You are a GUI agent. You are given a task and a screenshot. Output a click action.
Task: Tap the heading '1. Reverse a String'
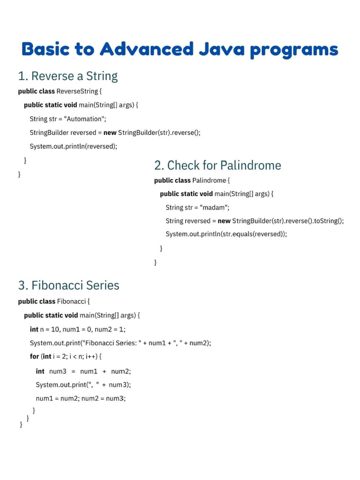point(67,76)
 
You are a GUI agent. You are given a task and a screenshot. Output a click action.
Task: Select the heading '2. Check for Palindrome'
point(217,165)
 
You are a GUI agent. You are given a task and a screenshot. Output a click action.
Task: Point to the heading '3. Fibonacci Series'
point(68,285)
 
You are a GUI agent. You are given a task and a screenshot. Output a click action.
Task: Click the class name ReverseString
point(77,91)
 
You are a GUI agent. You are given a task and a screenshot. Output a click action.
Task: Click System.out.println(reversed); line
point(73,146)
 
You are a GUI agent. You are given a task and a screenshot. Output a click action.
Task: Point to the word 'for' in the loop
point(34,356)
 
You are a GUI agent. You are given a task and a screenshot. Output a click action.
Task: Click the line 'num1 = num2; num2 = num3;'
point(81,398)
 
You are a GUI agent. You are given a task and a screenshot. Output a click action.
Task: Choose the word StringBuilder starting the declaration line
point(49,133)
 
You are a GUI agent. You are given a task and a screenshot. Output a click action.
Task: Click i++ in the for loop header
point(91,356)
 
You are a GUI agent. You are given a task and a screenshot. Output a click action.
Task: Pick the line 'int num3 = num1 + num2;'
point(83,371)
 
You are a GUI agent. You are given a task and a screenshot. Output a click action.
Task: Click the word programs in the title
point(294,49)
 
